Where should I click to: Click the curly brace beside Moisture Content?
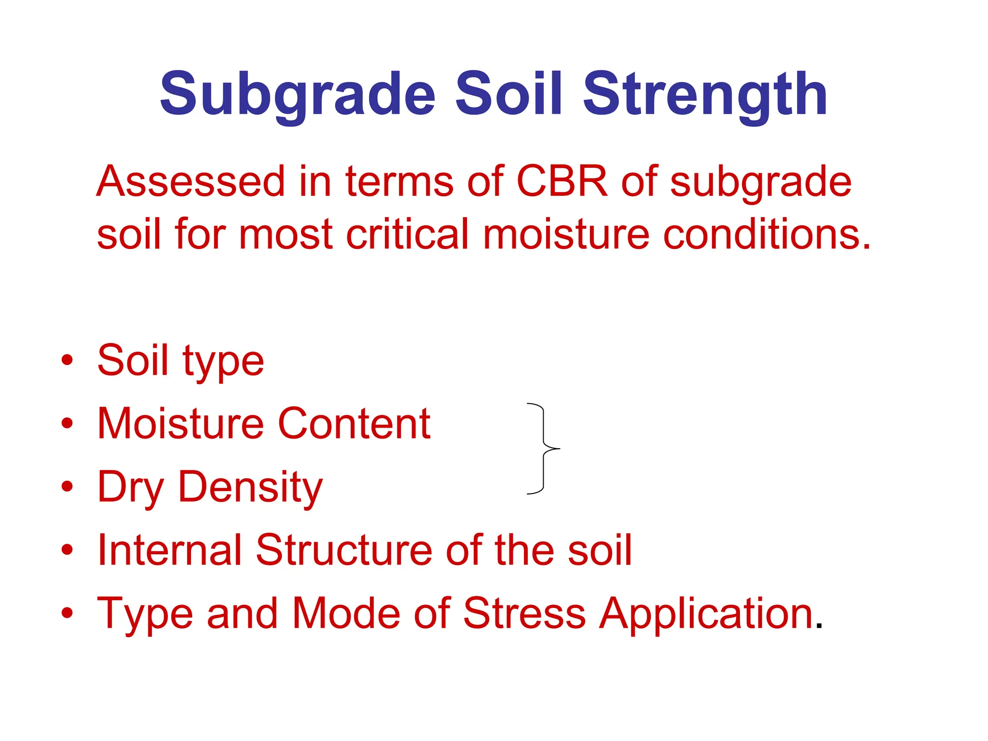click(544, 449)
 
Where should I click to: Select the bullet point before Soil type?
click(68, 360)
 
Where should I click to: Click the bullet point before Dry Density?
click(68, 486)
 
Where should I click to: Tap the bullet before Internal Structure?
click(68, 549)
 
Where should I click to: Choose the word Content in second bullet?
click(354, 424)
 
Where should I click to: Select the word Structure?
click(344, 550)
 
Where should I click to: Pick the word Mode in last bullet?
click(346, 614)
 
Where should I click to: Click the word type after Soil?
click(223, 362)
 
